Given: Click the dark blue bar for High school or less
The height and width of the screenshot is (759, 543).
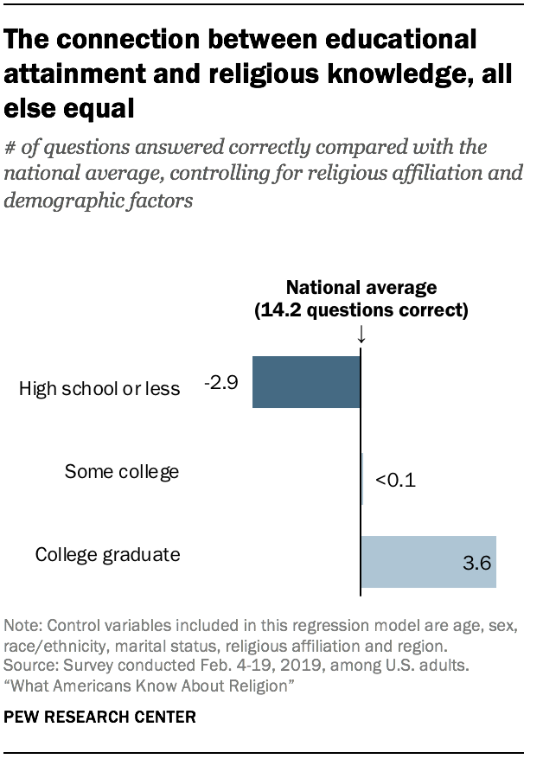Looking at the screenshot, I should [306, 382].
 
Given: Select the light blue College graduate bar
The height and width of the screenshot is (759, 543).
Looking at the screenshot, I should [428, 562].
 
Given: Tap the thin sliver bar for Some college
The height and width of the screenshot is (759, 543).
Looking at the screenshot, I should [361, 477].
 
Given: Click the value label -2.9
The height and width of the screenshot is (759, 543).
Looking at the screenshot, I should [220, 381].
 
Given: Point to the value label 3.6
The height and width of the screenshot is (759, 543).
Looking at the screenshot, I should [476, 564].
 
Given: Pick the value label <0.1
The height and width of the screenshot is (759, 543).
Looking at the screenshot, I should [395, 480].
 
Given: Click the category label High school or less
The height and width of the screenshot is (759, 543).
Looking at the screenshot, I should [99, 388].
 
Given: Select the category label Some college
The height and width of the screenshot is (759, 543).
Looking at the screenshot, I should [122, 471].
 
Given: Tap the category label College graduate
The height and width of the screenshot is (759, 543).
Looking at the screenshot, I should [107, 554].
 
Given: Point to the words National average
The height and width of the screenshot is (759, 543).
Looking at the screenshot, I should [361, 287].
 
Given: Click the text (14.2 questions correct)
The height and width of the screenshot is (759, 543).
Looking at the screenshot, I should [361, 310].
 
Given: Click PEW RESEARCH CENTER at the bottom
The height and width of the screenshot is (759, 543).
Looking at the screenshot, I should [100, 717].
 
